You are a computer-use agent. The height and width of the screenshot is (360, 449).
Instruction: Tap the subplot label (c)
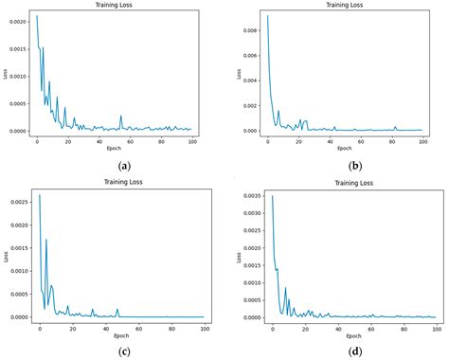(123, 351)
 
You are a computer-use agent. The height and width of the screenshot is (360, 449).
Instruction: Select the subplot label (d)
(355, 351)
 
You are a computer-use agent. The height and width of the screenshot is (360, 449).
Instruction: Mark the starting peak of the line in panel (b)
(268, 15)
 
